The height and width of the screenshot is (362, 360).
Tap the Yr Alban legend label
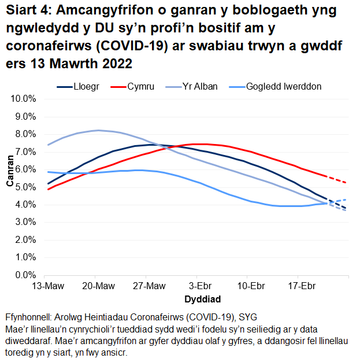200,87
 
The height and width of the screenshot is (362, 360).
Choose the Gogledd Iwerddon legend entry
283,87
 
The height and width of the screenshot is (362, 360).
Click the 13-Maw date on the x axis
48,286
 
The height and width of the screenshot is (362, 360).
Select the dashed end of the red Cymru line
339,179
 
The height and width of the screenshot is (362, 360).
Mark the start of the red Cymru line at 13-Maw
49,189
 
